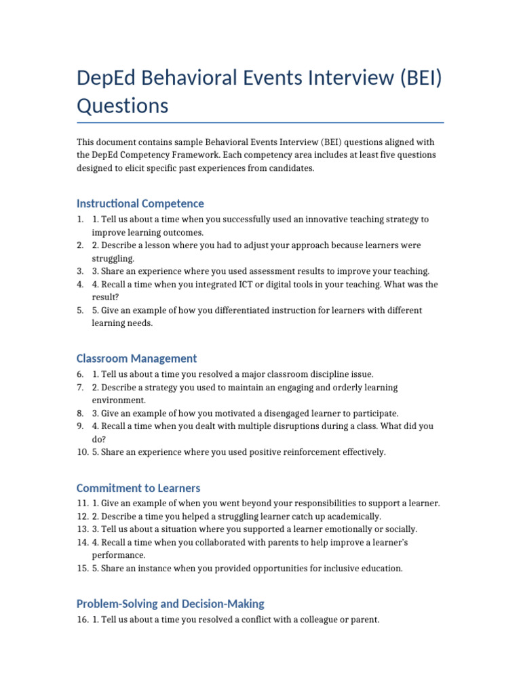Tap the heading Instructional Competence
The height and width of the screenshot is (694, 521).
(140, 203)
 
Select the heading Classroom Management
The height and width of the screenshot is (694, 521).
(136, 359)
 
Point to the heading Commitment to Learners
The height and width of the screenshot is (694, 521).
(138, 488)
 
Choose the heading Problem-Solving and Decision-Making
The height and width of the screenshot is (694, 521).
(170, 604)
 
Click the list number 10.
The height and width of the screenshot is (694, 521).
(82, 452)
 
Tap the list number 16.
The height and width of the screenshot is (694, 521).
(82, 619)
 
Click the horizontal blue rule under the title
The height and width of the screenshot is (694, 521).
(260, 123)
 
